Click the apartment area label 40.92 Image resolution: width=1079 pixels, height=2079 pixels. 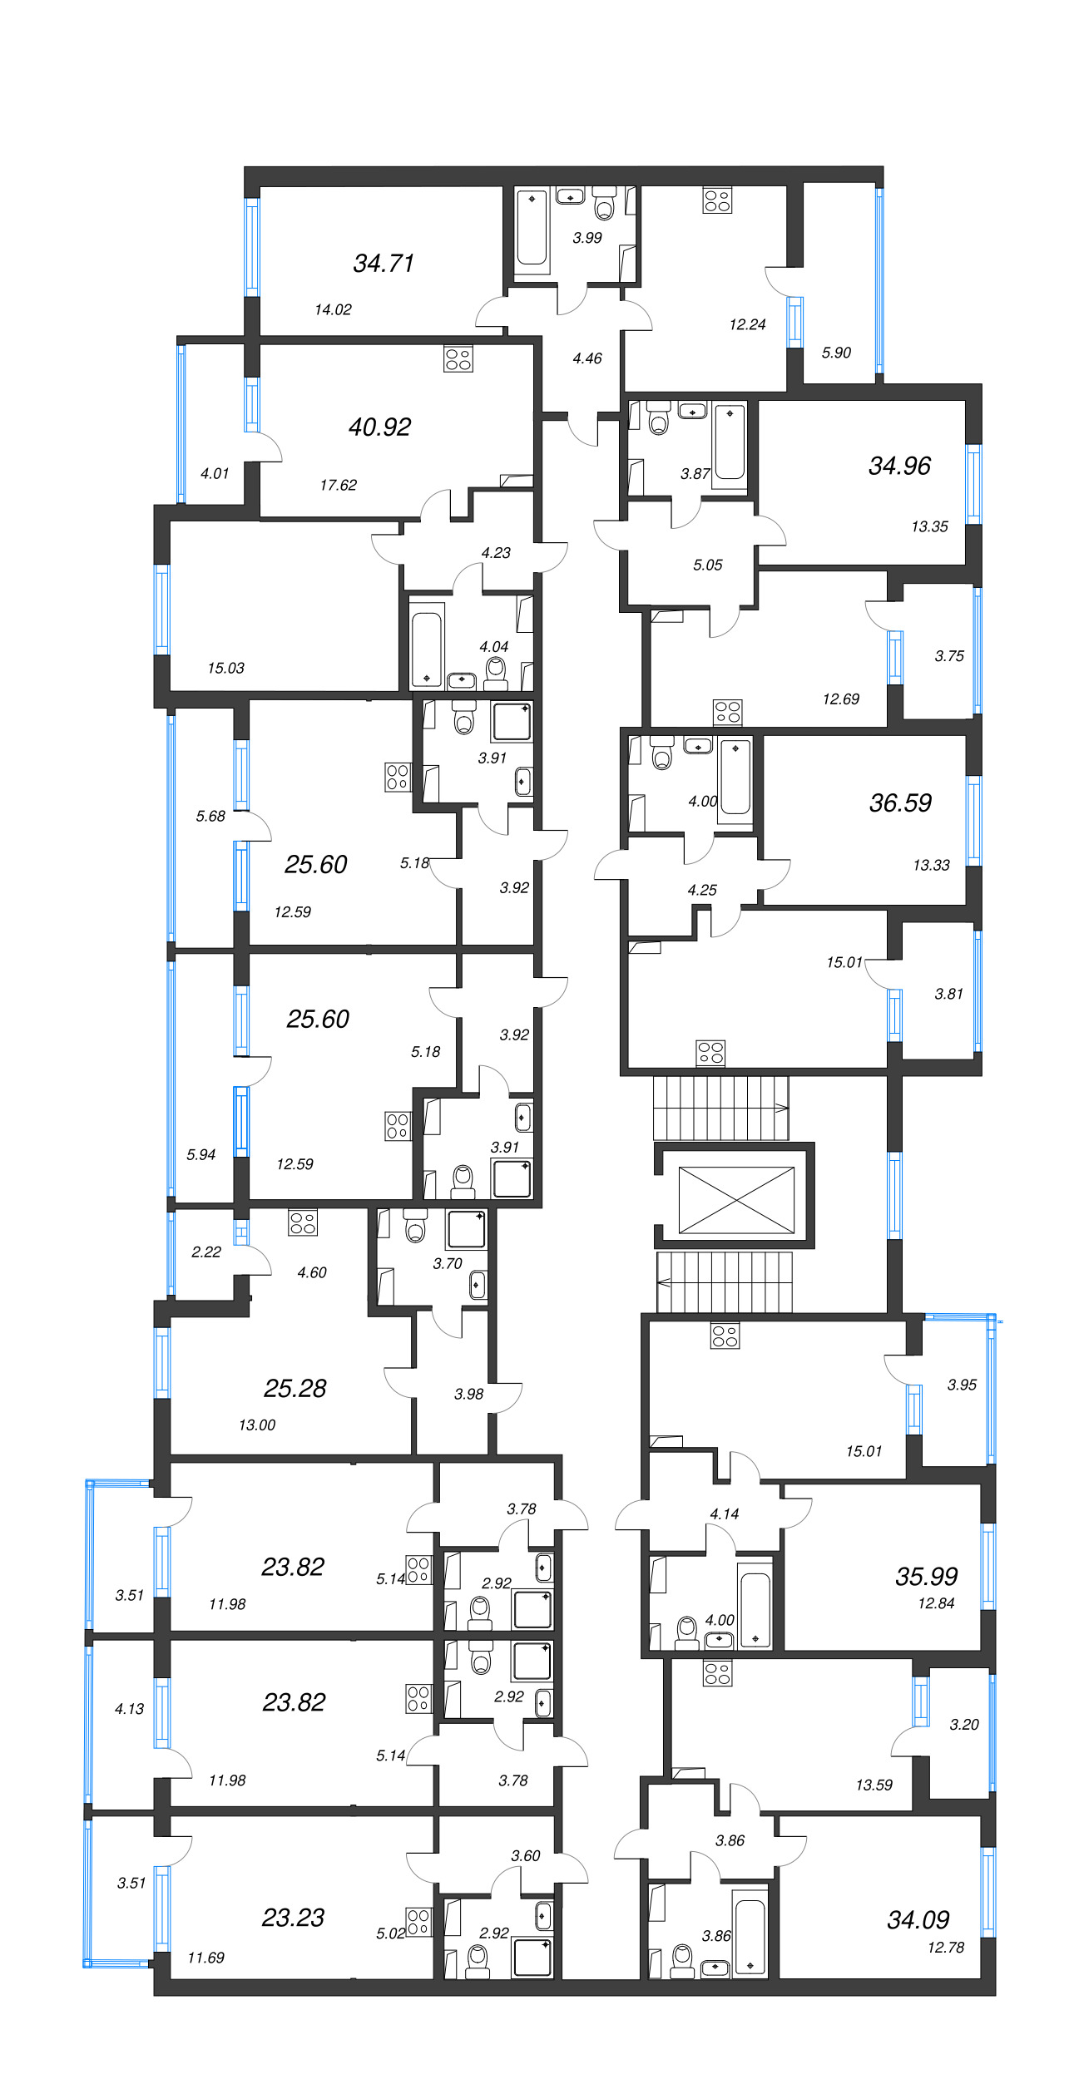click(379, 427)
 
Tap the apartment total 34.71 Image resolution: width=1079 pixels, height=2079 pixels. click(384, 263)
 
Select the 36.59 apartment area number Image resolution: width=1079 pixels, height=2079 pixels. click(900, 802)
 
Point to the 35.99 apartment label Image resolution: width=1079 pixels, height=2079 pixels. click(926, 1576)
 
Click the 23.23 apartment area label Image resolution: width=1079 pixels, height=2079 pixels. click(293, 1917)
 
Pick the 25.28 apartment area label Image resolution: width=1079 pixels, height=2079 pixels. click(294, 1388)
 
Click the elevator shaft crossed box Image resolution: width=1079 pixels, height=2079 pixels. click(736, 1200)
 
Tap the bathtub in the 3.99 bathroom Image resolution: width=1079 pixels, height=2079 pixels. click(532, 230)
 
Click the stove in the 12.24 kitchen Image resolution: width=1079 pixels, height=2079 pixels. click(717, 200)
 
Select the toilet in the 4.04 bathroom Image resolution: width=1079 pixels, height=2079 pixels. click(496, 673)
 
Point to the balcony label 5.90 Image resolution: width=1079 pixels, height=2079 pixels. click(836, 353)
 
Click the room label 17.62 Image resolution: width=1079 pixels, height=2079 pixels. click(338, 485)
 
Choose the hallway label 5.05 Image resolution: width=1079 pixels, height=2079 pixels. click(708, 565)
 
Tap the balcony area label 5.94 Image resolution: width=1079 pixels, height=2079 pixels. click(200, 1154)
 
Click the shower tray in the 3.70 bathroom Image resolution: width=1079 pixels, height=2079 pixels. click(467, 1230)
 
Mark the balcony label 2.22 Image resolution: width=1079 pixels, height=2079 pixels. click(205, 1252)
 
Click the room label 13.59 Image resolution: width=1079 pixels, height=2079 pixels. click(874, 1785)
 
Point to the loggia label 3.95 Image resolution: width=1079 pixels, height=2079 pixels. click(962, 1385)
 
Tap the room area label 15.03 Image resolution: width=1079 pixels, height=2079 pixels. click(225, 668)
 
